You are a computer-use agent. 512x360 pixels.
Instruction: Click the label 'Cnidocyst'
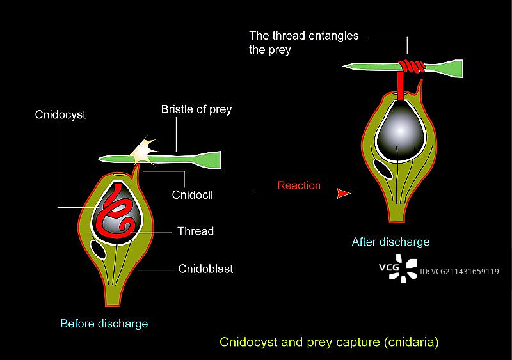tap(61, 115)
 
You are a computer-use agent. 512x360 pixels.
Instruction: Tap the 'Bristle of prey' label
tap(196, 109)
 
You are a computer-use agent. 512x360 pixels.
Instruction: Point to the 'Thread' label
tap(196, 231)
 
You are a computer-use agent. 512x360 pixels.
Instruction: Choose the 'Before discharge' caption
tap(104, 323)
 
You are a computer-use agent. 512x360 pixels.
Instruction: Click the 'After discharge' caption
tap(390, 242)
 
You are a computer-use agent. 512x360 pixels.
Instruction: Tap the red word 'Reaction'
tap(298, 186)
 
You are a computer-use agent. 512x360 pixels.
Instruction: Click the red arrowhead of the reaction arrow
tap(344, 192)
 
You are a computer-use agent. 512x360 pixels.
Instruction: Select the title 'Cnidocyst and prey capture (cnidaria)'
tap(329, 342)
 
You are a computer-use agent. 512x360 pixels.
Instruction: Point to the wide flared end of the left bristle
tap(211, 157)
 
